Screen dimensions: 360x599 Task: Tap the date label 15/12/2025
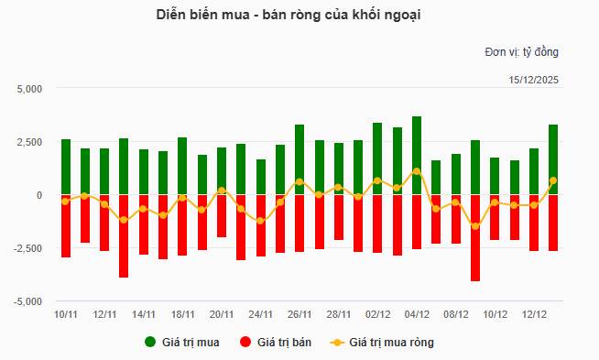(533, 80)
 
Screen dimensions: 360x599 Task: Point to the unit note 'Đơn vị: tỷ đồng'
(520, 51)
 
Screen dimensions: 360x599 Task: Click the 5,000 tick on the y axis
(30, 89)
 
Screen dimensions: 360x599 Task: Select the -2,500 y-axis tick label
(28, 248)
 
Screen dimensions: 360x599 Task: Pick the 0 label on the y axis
(39, 195)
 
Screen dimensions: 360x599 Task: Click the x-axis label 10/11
(65, 314)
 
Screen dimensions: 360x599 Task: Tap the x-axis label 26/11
(299, 314)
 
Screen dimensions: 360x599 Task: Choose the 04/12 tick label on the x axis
(417, 314)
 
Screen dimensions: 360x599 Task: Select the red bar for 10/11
(65, 225)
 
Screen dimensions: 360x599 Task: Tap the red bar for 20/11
(222, 216)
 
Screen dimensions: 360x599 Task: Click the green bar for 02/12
(377, 158)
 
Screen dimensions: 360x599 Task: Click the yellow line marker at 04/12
(417, 171)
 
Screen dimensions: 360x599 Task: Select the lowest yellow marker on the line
(475, 225)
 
